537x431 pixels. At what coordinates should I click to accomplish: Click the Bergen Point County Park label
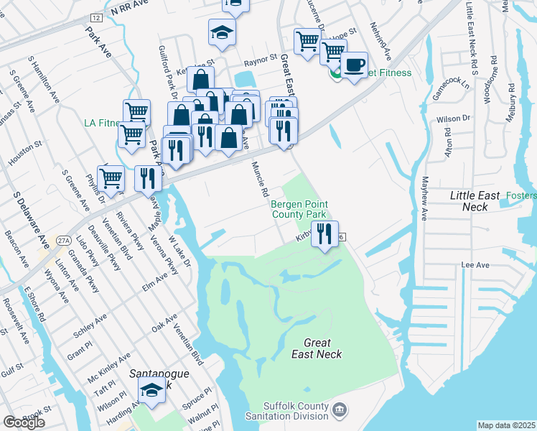(298, 209)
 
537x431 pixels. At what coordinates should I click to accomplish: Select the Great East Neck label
(317, 348)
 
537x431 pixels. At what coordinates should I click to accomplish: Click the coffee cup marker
(354, 65)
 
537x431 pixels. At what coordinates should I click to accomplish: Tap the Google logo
(24, 422)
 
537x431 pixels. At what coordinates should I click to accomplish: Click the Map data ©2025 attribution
(506, 425)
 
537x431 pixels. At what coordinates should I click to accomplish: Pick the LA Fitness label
(101, 123)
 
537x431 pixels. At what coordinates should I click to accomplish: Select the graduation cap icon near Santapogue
(151, 390)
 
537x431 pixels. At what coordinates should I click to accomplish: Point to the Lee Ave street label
(475, 265)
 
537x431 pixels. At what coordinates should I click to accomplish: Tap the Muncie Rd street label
(259, 180)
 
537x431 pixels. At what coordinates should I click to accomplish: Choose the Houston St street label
(22, 154)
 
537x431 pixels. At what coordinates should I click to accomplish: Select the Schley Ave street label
(90, 325)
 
